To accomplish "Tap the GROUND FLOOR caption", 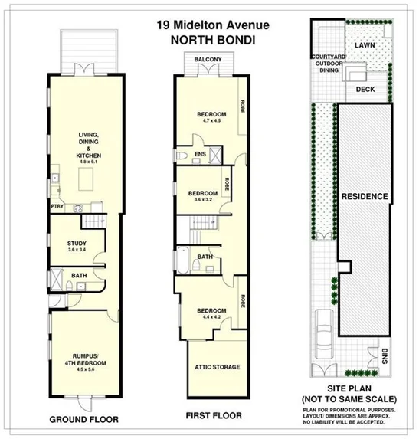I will point(82,418).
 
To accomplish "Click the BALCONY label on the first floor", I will point(208,60).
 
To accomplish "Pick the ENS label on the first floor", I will point(200,155).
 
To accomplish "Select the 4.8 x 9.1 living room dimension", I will point(89,162).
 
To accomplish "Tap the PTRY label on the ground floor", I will point(57,206).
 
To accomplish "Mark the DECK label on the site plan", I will point(366,89).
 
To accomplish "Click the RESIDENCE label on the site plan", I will point(365,196).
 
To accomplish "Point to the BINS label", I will point(384,356).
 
